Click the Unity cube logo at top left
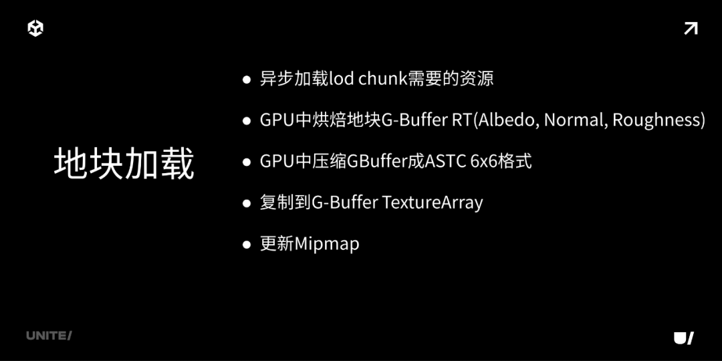point(35,28)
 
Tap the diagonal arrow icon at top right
point(691,28)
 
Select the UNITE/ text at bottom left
point(49,336)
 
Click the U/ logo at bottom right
point(683,338)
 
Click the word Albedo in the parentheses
point(507,120)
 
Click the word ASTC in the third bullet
point(446,162)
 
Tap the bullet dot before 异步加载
point(246,80)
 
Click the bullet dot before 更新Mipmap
point(246,245)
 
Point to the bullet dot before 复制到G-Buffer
point(246,203)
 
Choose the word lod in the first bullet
point(342,79)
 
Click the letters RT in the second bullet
point(461,120)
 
